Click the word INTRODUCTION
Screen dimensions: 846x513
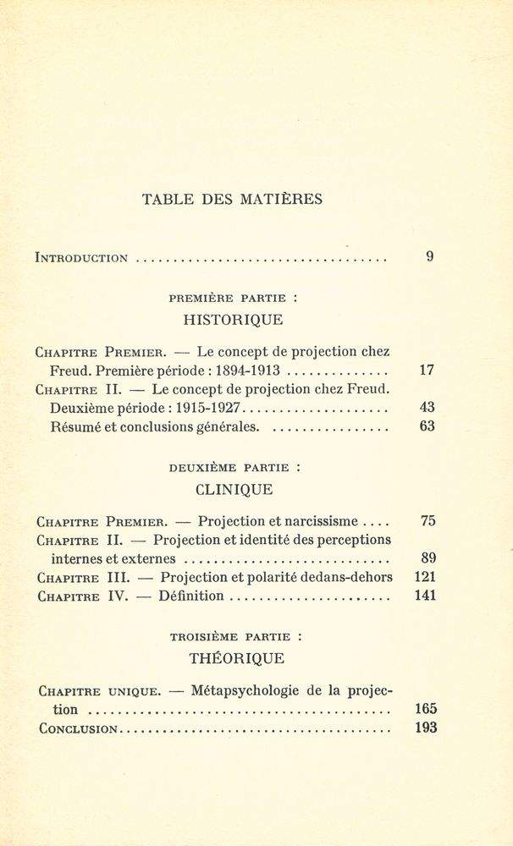coord(82,257)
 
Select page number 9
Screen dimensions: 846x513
coord(430,256)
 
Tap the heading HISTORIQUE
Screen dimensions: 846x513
coord(233,320)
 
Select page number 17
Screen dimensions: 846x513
coord(427,370)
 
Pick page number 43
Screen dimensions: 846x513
coord(427,407)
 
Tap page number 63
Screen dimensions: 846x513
coord(427,426)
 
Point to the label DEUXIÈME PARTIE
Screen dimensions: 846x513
coord(229,466)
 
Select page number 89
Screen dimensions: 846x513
coord(427,558)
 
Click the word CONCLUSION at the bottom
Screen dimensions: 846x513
coord(76,728)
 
